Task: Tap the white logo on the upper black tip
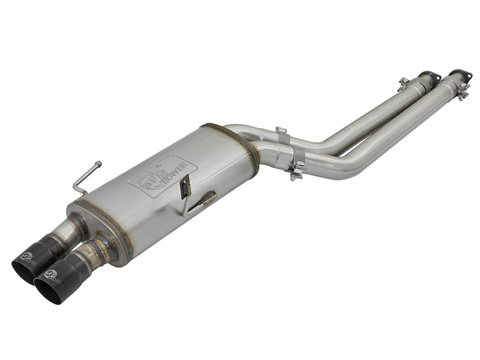(x=28, y=259)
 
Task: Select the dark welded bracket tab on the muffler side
(x=186, y=187)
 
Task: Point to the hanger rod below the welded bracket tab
(x=201, y=201)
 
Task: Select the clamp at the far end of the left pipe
(x=405, y=84)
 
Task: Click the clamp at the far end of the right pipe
(x=461, y=91)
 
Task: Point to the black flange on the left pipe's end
(x=429, y=76)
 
